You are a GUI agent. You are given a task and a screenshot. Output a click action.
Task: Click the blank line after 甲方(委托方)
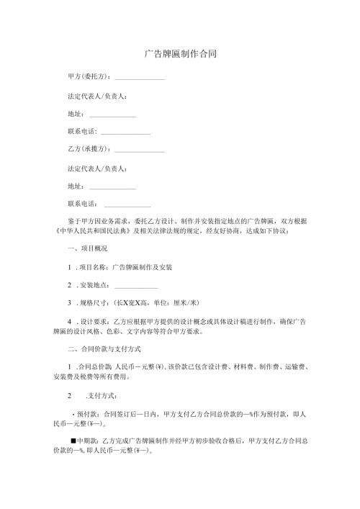140,78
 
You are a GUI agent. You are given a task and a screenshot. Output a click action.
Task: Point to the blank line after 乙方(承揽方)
140,151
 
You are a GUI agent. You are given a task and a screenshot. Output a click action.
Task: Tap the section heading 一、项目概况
87,248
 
